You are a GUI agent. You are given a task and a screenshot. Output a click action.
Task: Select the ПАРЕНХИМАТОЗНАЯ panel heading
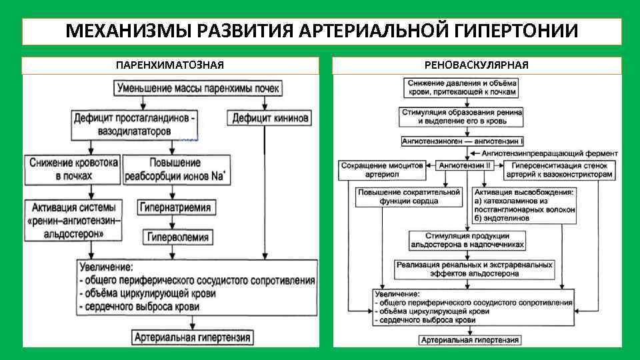[169, 65]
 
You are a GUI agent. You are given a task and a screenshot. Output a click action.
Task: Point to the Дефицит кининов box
[269, 119]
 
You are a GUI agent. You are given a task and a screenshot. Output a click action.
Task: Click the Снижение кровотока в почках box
[74, 169]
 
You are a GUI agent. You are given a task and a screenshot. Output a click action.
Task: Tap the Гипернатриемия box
[175, 207]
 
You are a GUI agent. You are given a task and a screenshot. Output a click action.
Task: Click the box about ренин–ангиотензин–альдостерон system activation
[74, 219]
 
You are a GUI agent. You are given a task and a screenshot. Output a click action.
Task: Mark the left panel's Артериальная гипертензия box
[192, 337]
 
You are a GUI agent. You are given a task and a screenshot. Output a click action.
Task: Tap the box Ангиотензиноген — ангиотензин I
[463, 141]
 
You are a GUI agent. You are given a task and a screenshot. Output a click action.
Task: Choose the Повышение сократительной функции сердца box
[408, 197]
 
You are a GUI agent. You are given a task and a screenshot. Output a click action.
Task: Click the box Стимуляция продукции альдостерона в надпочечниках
[467, 239]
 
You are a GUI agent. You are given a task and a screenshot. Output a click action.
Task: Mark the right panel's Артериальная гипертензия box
[469, 340]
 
